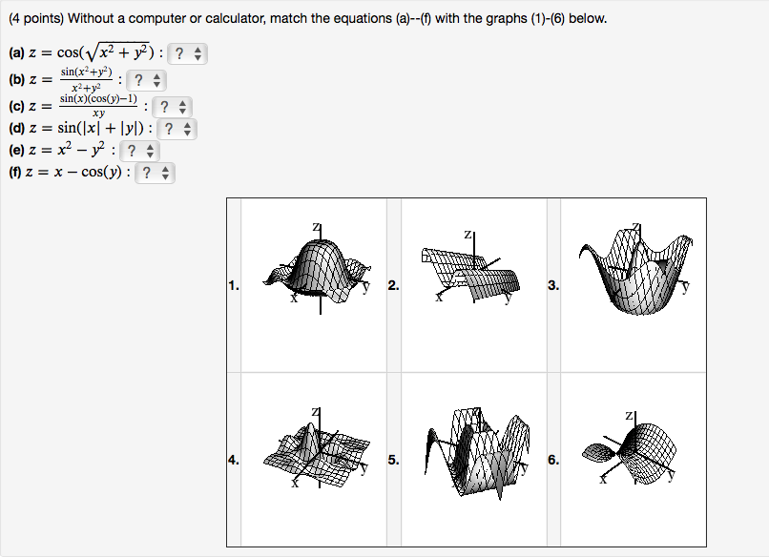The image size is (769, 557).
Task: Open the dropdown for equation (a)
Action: [x=187, y=55]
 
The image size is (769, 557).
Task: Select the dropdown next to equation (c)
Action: [x=172, y=107]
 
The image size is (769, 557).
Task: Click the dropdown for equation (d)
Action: [x=177, y=129]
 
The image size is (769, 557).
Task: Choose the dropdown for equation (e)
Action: [x=139, y=151]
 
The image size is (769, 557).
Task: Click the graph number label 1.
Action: [x=234, y=284]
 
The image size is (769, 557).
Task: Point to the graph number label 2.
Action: [x=393, y=284]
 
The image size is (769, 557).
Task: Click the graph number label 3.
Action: [x=553, y=284]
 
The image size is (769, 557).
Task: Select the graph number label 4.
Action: [x=234, y=460]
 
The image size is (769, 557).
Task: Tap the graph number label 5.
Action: [x=393, y=460]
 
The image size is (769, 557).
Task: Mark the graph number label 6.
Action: [x=553, y=460]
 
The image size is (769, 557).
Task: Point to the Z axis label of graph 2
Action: [x=468, y=234]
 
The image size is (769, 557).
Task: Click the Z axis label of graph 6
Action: [x=627, y=416]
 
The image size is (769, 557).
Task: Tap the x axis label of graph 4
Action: [x=295, y=484]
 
